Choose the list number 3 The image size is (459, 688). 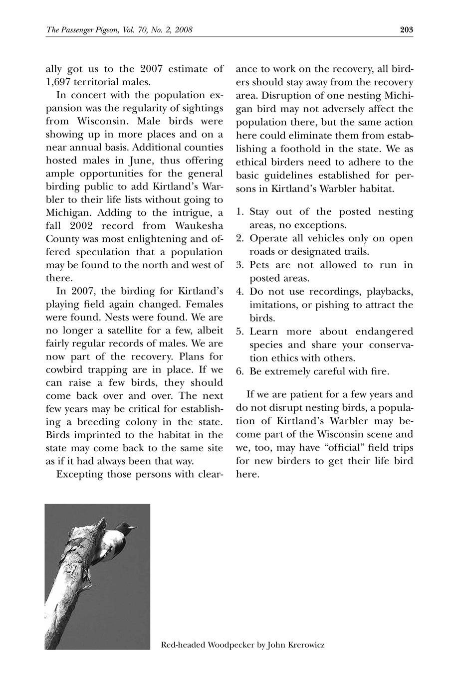pos(239,265)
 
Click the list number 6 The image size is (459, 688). pos(239,372)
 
